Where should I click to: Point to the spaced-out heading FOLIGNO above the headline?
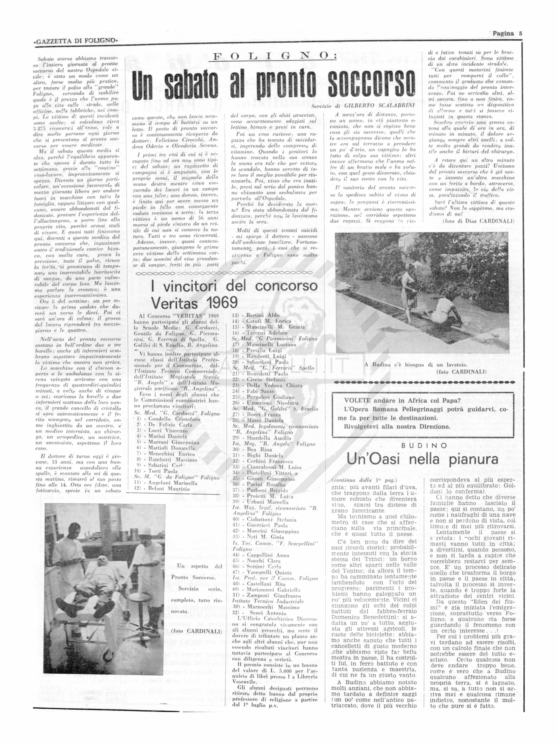coord(275,56)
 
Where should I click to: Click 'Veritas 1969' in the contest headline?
coord(194,303)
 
